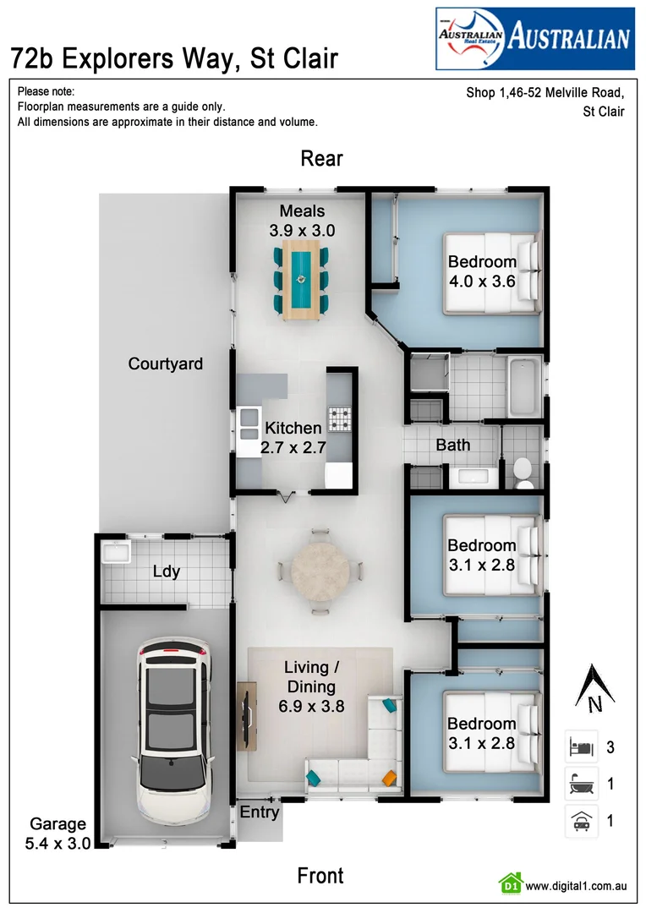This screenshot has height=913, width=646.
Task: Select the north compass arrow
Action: click(x=593, y=685)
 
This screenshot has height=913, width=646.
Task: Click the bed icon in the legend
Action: click(x=582, y=747)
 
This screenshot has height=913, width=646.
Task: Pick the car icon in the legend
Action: click(x=582, y=820)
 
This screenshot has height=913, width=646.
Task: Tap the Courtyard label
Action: click(x=166, y=364)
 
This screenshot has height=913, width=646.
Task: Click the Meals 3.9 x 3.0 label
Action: click(x=302, y=220)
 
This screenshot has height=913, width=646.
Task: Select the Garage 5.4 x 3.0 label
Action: click(x=58, y=833)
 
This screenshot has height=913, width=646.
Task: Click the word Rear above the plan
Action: click(x=322, y=159)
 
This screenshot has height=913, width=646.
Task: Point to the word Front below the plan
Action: click(x=320, y=875)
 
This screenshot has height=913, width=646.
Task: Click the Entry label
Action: click(x=259, y=812)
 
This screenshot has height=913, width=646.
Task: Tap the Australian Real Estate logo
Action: click(x=534, y=38)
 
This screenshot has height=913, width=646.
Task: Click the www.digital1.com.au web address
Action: click(x=575, y=886)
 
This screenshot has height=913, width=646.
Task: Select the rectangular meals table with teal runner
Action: click(x=301, y=280)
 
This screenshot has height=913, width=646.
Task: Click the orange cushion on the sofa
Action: click(x=389, y=778)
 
